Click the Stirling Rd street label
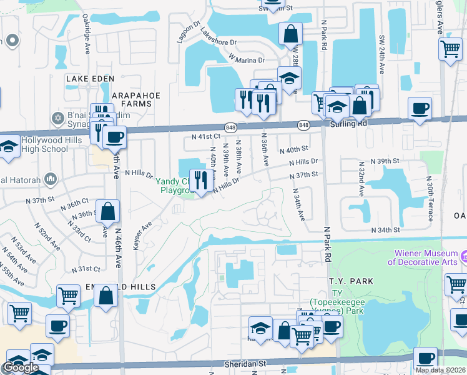[x=348, y=124]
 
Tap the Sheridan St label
[x=245, y=363]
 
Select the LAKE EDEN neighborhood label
[x=91, y=78]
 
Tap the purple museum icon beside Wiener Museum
[x=463, y=257]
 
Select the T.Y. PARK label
[x=353, y=281]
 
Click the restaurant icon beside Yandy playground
[x=199, y=181]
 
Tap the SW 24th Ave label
[x=381, y=49]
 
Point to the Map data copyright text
[x=440, y=370]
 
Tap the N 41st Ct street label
[x=206, y=136]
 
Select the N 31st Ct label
[x=86, y=269]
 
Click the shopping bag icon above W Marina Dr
[x=291, y=33]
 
